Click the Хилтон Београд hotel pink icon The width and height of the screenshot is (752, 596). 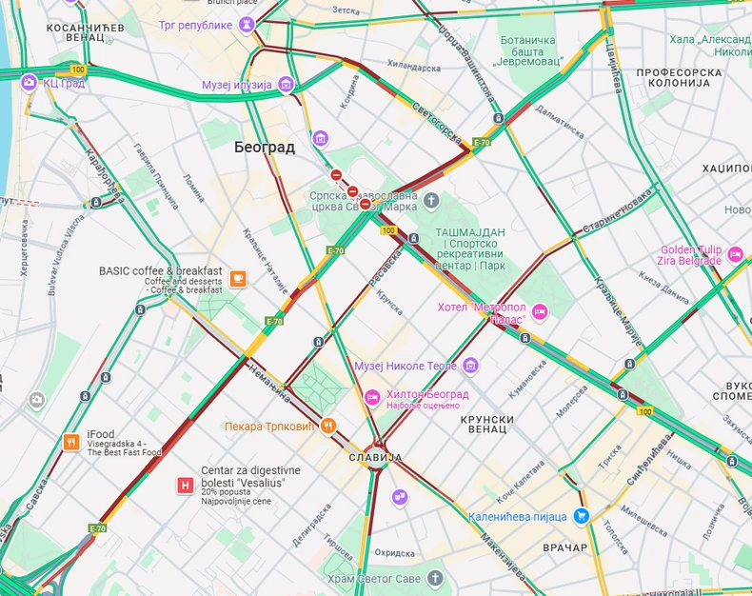372,395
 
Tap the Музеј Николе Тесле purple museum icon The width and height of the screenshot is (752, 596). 470,366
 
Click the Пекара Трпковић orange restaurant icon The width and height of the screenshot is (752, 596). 328,426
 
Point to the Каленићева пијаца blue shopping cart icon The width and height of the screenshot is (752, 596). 581,516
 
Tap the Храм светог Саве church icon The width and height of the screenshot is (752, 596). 435,578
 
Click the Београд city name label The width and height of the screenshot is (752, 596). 265,148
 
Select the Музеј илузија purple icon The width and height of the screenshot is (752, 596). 286,85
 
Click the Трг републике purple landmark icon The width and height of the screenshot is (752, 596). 247,25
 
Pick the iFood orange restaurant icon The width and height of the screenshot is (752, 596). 71,442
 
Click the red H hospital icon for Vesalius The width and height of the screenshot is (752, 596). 186,486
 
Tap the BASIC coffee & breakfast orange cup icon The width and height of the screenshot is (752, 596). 238,279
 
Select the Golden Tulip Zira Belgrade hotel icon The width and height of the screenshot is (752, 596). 735,254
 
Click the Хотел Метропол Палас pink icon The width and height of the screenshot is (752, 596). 540,312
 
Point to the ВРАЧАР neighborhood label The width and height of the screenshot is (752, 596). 565,547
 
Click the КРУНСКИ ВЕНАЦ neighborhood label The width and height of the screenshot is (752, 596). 487,425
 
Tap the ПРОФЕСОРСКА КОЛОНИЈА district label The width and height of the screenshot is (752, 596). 673,77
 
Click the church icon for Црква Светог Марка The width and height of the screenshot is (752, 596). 431,201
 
